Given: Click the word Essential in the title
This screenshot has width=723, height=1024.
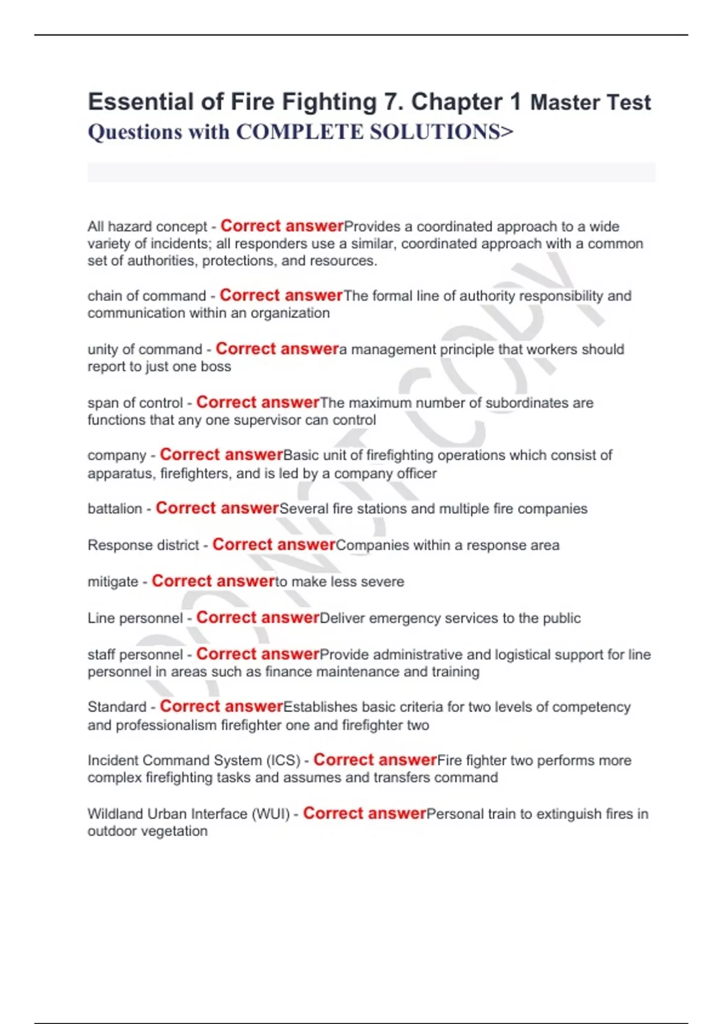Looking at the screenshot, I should pyautogui.click(x=141, y=102).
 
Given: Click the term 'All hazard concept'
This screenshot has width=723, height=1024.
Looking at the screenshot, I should pyautogui.click(x=147, y=226).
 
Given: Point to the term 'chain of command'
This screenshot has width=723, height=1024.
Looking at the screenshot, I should pyautogui.click(x=146, y=296).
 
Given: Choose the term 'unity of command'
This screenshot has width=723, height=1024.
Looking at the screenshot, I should pyautogui.click(x=145, y=349).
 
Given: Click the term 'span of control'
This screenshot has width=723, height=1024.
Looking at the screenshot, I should pyautogui.click(x=135, y=403).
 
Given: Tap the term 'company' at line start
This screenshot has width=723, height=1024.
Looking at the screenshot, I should pyautogui.click(x=117, y=455).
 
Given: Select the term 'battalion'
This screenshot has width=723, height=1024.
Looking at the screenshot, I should pyautogui.click(x=114, y=509).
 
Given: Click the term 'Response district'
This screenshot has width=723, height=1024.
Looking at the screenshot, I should pyautogui.click(x=143, y=545).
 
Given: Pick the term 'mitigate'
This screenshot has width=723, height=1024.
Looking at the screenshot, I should pyautogui.click(x=113, y=582).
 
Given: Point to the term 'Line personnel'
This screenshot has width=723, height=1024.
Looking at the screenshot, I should pyautogui.click(x=135, y=619).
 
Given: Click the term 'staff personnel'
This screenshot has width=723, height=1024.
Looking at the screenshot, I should pyautogui.click(x=135, y=655).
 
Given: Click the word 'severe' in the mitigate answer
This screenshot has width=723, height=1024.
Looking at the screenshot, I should pyautogui.click(x=383, y=582).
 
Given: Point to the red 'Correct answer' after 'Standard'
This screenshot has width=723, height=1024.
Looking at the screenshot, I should pyautogui.click(x=221, y=707).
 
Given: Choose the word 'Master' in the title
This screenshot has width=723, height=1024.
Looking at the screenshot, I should pyautogui.click(x=565, y=103).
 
